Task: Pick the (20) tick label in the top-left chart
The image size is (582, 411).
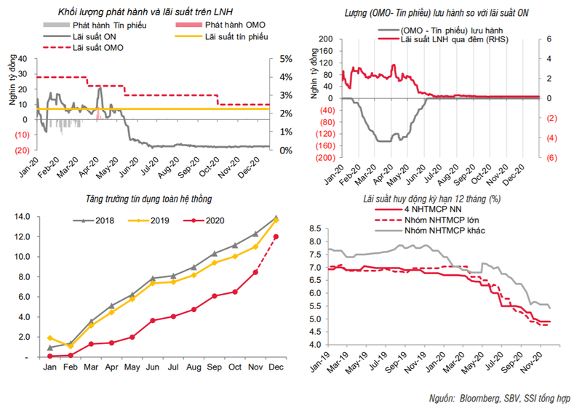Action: point(20,150)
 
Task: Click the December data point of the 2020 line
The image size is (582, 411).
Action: point(276,236)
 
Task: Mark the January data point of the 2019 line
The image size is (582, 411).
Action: point(50,338)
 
